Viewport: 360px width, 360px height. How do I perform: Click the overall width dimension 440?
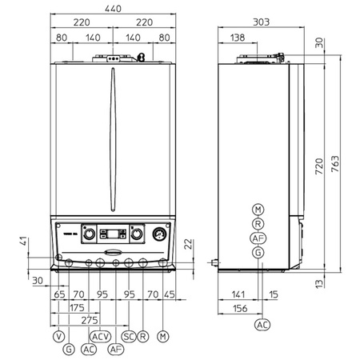pos(113,9)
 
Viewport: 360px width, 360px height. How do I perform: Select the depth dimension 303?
pos(261,22)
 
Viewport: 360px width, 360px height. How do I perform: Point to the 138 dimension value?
pos(238,38)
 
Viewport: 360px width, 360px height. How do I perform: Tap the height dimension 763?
pos(335,164)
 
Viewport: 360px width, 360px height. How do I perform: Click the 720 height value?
pos(319,166)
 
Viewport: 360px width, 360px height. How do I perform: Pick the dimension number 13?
pos(319,283)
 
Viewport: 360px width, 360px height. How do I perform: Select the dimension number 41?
pos(23,241)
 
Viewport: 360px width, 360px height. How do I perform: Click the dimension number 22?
pos(188,244)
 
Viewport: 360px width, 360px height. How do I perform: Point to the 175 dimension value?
pos(77,308)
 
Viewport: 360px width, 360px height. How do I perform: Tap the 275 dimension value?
pos(90,320)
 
